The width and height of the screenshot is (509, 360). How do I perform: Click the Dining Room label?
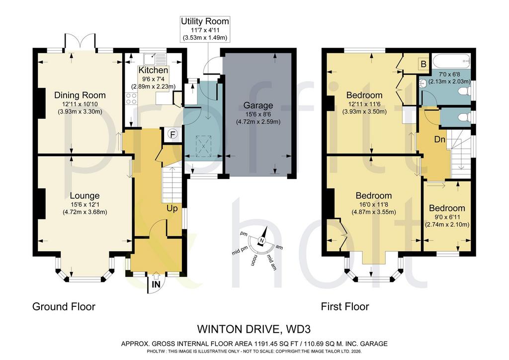coord(80,95)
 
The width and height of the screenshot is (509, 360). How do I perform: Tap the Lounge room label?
coord(85,196)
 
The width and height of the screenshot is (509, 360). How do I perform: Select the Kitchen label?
coord(153,70)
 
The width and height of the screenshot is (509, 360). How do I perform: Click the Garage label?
coord(258,105)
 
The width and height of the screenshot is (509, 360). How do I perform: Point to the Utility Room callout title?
coord(205,21)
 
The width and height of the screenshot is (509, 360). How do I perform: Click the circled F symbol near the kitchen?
coord(173,134)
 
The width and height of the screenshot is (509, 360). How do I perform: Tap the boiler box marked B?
coord(424,64)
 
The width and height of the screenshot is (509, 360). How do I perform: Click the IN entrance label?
coord(156,284)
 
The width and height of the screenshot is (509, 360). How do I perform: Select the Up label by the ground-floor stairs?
coord(172,208)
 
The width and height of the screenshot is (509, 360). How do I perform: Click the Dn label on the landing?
coord(440,140)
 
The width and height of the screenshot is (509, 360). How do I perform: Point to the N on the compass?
coord(261,241)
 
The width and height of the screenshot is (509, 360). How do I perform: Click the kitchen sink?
coord(155,59)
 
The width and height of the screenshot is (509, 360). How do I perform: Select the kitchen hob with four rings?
coord(131,98)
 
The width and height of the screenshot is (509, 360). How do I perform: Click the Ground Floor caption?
coord(64,307)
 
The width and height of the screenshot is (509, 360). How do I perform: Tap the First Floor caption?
coord(345,307)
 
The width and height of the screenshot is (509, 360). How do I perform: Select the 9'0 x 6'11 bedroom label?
coord(447,217)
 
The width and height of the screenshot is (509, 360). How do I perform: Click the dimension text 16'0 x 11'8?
coord(374,205)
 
